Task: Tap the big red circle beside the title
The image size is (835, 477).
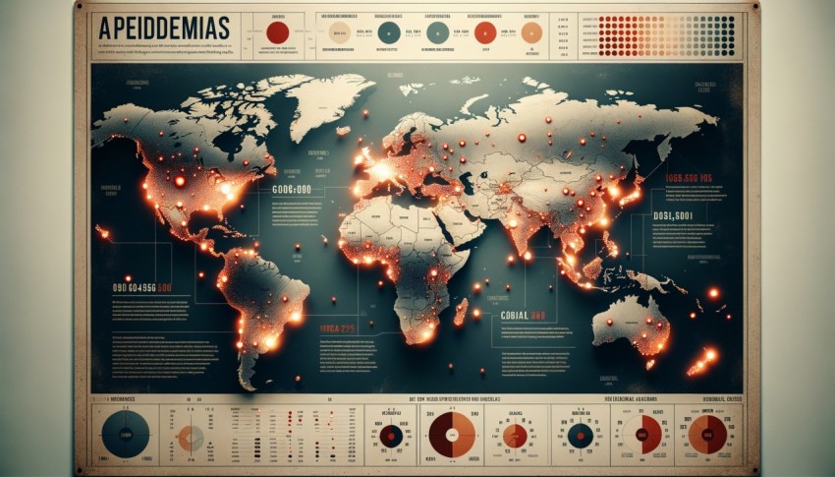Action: click(x=278, y=32)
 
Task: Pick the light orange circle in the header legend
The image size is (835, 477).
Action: click(x=531, y=32)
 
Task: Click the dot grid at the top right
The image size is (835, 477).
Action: click(x=667, y=34)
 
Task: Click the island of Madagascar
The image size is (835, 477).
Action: click(x=460, y=312)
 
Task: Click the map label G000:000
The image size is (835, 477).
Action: click(x=291, y=189)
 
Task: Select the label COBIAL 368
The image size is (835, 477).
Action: click(x=523, y=316)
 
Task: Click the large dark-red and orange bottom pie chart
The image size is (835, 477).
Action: click(x=454, y=434)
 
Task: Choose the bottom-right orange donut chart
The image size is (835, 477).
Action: click(x=707, y=434)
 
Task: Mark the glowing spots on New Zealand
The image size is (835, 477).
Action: click(x=703, y=360)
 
